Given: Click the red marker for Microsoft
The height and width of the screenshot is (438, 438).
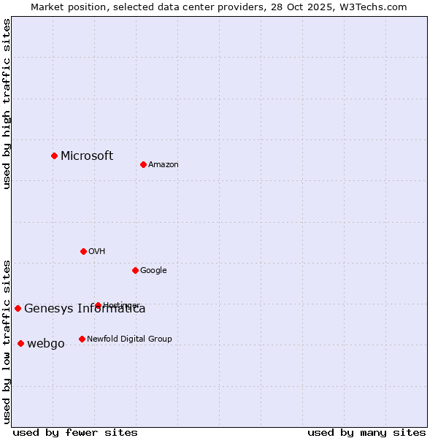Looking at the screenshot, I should click(54, 155).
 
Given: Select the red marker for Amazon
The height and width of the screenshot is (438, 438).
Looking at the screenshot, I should click(143, 164).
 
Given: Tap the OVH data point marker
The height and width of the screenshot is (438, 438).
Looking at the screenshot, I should click(83, 251).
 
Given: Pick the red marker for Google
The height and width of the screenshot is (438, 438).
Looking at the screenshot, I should click(135, 270).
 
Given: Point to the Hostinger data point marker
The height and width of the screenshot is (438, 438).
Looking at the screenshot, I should click(98, 305).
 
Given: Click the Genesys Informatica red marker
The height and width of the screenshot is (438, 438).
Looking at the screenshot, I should click(18, 308).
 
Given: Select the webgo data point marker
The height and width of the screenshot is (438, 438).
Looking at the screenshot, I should click(20, 343).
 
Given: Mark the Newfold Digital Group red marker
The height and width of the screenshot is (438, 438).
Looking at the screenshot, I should click(82, 339).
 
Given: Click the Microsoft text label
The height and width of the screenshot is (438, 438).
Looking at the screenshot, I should click(87, 155).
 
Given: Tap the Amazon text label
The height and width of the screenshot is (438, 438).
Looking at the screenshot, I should click(164, 165).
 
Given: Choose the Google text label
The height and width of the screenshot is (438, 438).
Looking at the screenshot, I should click(153, 271).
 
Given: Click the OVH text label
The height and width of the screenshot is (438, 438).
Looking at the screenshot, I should click(97, 252).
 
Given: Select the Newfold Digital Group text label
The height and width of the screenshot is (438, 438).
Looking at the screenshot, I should click(129, 339).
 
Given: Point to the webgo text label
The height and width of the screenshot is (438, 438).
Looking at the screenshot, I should click(46, 344).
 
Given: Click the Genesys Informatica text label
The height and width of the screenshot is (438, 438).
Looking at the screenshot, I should click(85, 309).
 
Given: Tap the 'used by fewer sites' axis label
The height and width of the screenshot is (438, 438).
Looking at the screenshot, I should click(75, 432).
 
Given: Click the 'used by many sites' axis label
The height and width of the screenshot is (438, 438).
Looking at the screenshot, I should click(366, 432).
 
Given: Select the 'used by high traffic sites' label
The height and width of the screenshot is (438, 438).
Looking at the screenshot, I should click(7, 104).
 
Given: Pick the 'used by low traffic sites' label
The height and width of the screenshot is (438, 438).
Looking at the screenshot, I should click(7, 341).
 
